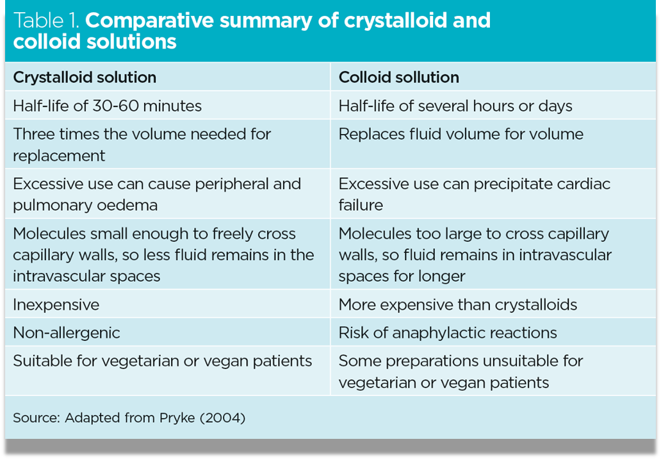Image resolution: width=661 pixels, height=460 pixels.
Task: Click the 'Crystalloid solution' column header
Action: click(x=85, y=78)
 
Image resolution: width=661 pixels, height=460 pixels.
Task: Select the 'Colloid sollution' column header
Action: click(x=398, y=78)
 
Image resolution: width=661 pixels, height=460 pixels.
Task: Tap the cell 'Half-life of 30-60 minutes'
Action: click(x=107, y=106)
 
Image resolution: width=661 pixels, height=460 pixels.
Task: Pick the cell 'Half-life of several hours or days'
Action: click(x=455, y=106)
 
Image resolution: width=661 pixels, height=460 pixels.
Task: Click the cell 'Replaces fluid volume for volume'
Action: click(x=461, y=134)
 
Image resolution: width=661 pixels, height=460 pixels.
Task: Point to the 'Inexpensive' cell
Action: click(x=56, y=304)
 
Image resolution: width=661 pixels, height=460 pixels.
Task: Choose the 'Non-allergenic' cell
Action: click(x=67, y=333)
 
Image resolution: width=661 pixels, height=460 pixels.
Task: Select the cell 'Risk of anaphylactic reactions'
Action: click(x=448, y=333)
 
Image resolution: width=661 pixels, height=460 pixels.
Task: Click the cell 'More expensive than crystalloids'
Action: click(x=457, y=304)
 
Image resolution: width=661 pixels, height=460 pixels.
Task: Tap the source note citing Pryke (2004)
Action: click(x=129, y=418)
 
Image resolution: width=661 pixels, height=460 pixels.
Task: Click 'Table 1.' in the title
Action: click(x=46, y=21)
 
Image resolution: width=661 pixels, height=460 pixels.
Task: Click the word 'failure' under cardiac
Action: click(x=361, y=205)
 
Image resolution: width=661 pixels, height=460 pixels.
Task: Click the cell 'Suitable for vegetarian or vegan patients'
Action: click(x=163, y=361)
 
